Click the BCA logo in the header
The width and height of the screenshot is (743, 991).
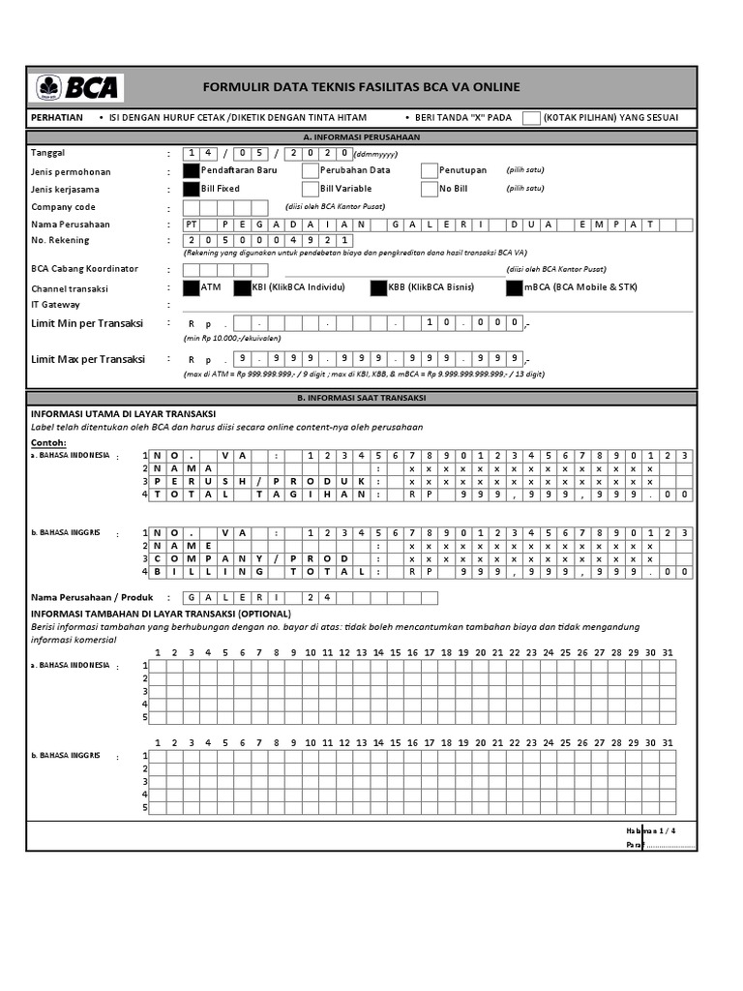pyautogui.click(x=77, y=87)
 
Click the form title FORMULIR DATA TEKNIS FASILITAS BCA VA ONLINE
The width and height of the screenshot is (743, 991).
pyautogui.click(x=361, y=87)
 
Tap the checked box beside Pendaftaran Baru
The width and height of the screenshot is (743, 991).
pyautogui.click(x=192, y=170)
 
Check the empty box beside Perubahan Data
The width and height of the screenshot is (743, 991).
pyautogui.click(x=311, y=170)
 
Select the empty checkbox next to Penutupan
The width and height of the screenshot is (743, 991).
pyautogui.click(x=430, y=170)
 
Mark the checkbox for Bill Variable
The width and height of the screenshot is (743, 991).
pyautogui.click(x=311, y=189)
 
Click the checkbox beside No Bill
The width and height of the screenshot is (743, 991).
pyautogui.click(x=430, y=189)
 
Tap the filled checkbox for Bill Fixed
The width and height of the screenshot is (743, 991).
pyautogui.click(x=192, y=189)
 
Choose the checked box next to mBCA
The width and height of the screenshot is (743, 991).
pyautogui.click(x=514, y=287)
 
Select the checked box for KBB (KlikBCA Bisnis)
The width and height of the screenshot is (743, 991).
pyautogui.click(x=378, y=287)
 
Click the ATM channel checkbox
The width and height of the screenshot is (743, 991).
pyautogui.click(x=192, y=287)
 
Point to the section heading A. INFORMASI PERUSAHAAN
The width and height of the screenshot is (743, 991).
pyautogui.click(x=361, y=137)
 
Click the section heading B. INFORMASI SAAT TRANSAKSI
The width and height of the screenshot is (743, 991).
pyautogui.click(x=361, y=398)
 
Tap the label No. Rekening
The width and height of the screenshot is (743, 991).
pyautogui.click(x=60, y=240)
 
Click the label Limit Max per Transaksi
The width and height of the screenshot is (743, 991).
pyautogui.click(x=87, y=359)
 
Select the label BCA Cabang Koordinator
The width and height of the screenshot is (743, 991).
pyautogui.click(x=84, y=269)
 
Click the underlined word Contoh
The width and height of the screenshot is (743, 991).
pyautogui.click(x=48, y=442)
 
